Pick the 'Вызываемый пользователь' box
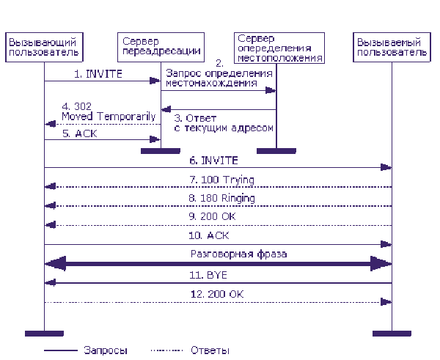[392, 47]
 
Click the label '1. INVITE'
[98, 74]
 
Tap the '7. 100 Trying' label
[219, 180]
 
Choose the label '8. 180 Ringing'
[218, 199]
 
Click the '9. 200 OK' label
[218, 217]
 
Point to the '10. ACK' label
[218, 236]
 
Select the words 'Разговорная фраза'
[218, 254]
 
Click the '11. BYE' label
[218, 274]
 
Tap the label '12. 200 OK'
[218, 293]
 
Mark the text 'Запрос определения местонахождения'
[219, 78]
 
